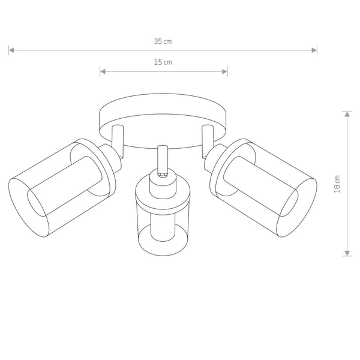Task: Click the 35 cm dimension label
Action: point(163,41)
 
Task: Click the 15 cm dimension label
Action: point(163,62)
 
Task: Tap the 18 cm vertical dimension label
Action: point(337,184)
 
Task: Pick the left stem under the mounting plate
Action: point(118,141)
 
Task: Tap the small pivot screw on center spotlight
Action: point(162,176)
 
